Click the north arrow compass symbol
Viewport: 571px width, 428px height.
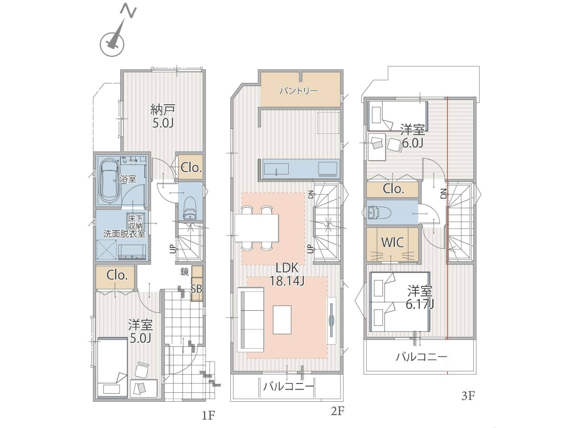tap(115, 39)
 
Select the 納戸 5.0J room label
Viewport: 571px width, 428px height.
tap(162, 116)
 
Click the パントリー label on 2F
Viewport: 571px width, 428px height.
tap(298, 91)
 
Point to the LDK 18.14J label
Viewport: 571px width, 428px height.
tap(287, 274)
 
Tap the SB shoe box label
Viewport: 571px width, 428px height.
tap(197, 289)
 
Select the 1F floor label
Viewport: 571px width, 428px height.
tap(208, 416)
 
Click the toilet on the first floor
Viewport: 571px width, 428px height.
tap(190, 208)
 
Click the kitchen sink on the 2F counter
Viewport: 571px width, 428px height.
tap(276, 169)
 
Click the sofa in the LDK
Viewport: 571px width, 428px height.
tap(250, 319)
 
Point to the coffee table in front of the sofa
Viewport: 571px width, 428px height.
tap(282, 320)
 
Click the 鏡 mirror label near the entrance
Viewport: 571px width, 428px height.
tap(184, 272)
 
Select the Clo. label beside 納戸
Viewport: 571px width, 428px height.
tap(191, 168)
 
